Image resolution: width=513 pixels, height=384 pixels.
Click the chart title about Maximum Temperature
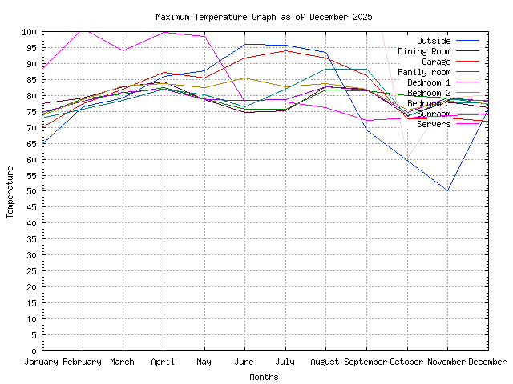(264, 17)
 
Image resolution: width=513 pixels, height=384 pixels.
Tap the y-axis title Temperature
(10, 191)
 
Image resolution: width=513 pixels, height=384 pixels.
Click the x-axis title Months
(264, 376)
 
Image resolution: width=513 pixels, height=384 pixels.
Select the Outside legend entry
(434, 40)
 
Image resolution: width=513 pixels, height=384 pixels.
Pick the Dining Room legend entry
(423, 50)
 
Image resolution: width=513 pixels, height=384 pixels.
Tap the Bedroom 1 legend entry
(429, 82)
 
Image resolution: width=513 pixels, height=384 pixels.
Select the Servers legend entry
(434, 123)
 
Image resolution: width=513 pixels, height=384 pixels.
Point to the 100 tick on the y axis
(29, 32)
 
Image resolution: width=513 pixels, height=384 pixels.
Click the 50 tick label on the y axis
(31, 191)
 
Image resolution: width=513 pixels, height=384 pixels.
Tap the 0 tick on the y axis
(34, 350)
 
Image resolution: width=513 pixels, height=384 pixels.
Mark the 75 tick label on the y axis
(31, 112)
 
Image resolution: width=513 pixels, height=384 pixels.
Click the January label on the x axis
(42, 362)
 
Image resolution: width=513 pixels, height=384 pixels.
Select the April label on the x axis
(164, 362)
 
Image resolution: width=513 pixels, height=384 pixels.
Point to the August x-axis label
(325, 362)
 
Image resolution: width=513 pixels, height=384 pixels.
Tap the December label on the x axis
(487, 362)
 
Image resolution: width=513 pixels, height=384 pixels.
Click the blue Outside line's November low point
(447, 190)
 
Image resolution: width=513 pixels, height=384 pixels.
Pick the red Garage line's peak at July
(285, 50)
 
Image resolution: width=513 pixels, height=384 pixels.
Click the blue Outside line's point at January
(42, 143)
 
